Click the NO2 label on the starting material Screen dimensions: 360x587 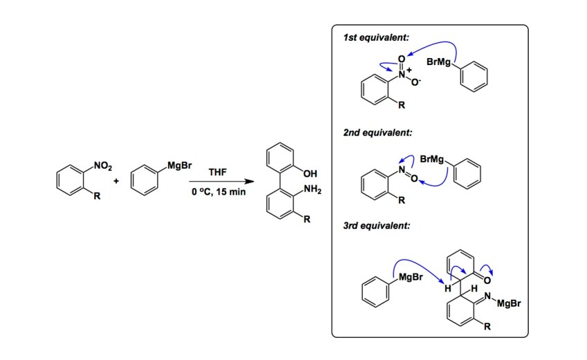tap(100, 165)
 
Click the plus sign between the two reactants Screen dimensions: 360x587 tap(116, 181)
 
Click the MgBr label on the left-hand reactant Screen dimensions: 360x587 tap(179, 165)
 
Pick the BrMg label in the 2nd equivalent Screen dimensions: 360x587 tap(433, 159)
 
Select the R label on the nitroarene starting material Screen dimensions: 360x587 tap(98, 197)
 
